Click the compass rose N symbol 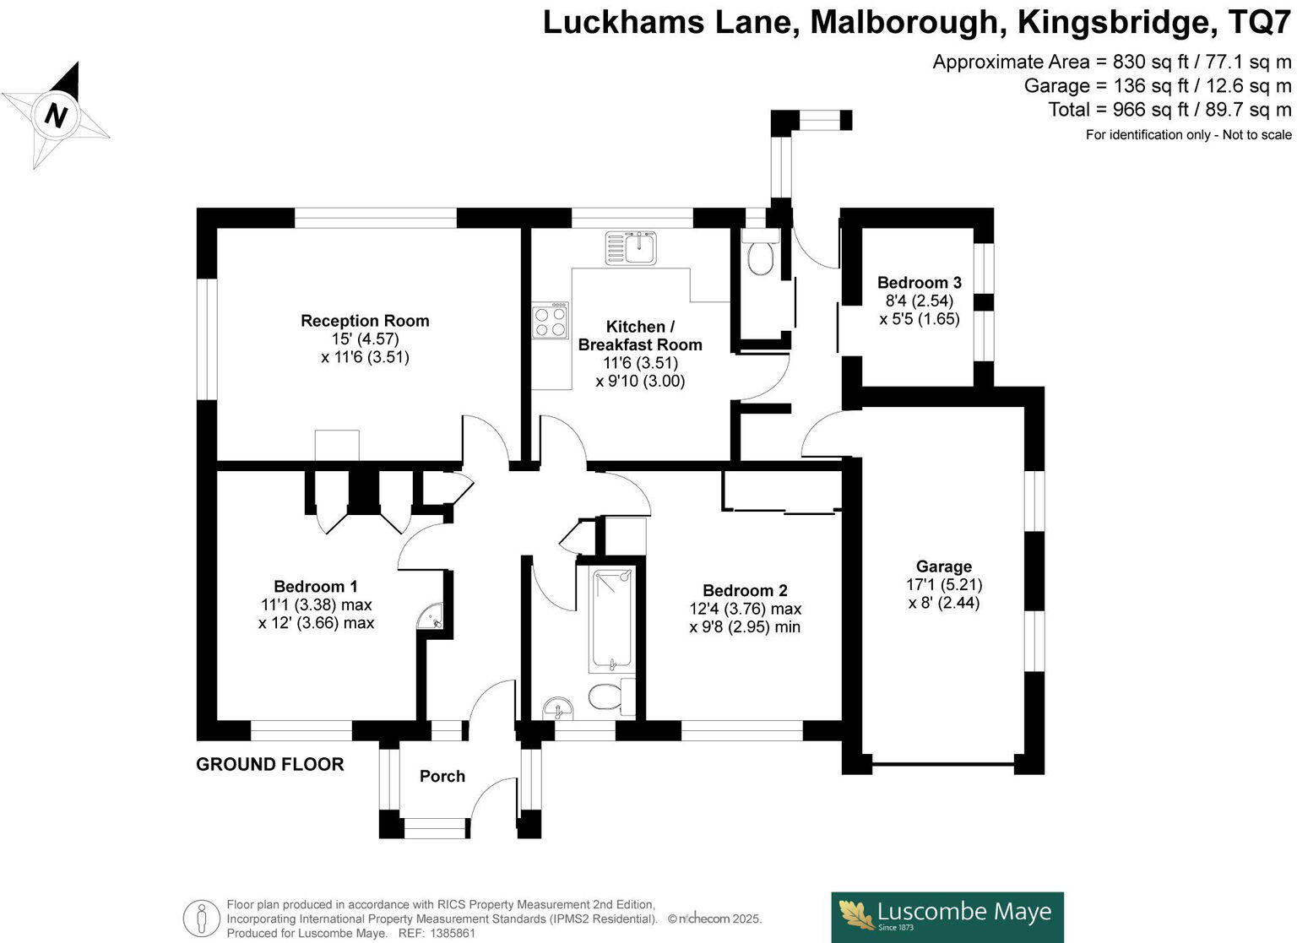(x=56, y=115)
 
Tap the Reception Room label (x=365, y=321)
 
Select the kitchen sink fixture (x=631, y=247)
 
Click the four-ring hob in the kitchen (x=550, y=321)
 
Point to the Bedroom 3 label (x=919, y=283)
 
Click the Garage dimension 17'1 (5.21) (x=944, y=584)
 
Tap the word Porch (x=442, y=777)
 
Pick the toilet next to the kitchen (x=760, y=255)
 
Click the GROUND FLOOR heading (x=270, y=765)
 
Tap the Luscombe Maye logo (x=947, y=917)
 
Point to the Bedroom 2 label (x=745, y=591)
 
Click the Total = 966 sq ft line (x=1169, y=110)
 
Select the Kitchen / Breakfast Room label (x=640, y=335)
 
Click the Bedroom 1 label (x=316, y=587)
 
